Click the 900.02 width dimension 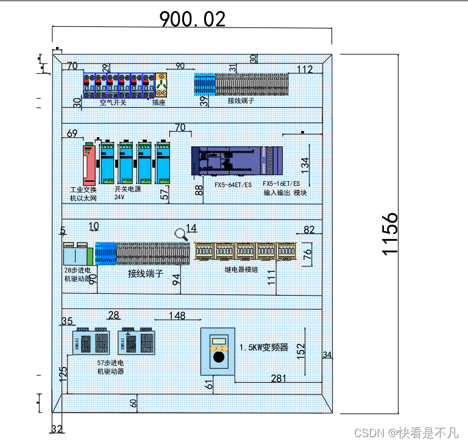[x=192, y=20]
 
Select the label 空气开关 [x=113, y=102]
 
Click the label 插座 [x=158, y=102]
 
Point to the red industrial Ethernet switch [x=90, y=163]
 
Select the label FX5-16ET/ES [x=281, y=183]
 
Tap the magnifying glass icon [x=181, y=234]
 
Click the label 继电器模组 [x=241, y=268]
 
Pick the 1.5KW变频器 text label [x=263, y=347]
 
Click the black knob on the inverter [x=218, y=360]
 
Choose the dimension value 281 [x=278, y=379]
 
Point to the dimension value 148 [x=177, y=315]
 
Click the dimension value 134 [x=305, y=163]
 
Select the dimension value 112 [x=305, y=68]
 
